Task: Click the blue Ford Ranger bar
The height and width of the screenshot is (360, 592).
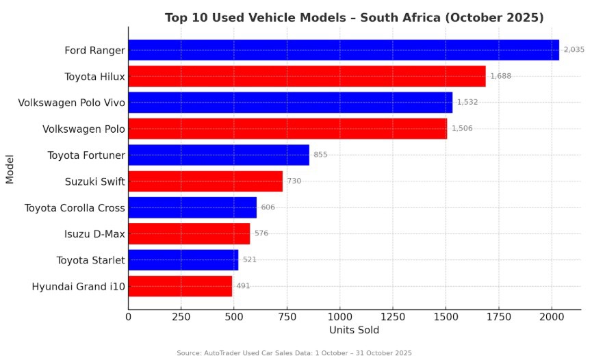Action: pyautogui.click(x=344, y=50)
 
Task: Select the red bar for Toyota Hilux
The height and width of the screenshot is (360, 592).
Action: pyautogui.click(x=307, y=76)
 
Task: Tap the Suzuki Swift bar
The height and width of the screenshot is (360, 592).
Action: pyautogui.click(x=205, y=181)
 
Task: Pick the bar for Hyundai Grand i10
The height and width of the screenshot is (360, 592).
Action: pyautogui.click(x=180, y=286)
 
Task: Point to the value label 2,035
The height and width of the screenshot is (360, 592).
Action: pyautogui.click(x=574, y=50)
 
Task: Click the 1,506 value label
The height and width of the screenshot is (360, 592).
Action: pyautogui.click(x=462, y=129)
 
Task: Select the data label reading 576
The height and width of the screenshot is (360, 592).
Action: pyautogui.click(x=261, y=233)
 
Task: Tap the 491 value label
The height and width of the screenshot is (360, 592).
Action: pyautogui.click(x=243, y=286)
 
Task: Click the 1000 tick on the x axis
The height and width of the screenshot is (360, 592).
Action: pyautogui.click(x=339, y=317)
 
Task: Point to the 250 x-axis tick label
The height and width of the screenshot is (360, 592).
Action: pyautogui.click(x=181, y=317)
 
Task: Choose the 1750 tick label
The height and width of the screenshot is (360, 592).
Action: pyautogui.click(x=498, y=317)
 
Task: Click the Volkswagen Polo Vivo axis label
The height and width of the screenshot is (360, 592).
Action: pyautogui.click(x=72, y=103)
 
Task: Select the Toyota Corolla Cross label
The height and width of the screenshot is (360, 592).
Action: pyautogui.click(x=75, y=207)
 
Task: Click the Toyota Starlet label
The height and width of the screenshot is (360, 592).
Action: pyautogui.click(x=91, y=260)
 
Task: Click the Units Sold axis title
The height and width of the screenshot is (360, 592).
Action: pyautogui.click(x=354, y=331)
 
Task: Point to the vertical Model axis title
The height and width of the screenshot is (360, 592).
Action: pyautogui.click(x=10, y=168)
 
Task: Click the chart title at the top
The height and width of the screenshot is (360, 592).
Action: pyautogui.click(x=354, y=17)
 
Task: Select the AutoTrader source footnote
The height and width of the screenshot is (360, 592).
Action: pyautogui.click(x=294, y=353)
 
